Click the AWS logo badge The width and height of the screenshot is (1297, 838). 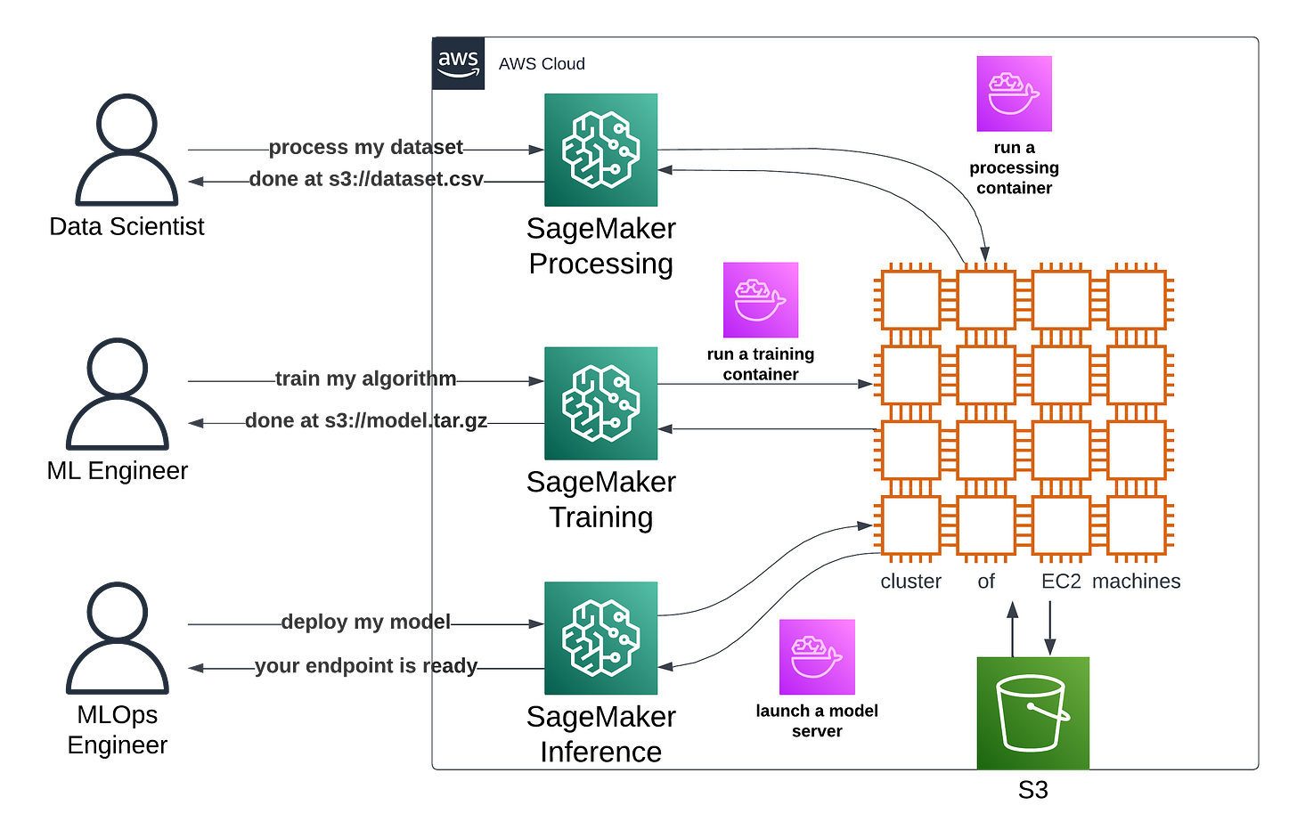tap(458, 63)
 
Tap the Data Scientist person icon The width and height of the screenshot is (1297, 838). tap(126, 150)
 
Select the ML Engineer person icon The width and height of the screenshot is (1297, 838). tap(118, 395)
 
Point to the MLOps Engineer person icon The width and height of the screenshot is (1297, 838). tap(118, 639)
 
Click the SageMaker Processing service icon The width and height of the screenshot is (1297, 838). tap(601, 150)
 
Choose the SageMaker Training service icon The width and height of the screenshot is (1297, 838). tap(601, 403)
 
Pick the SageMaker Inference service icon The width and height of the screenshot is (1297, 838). tap(601, 639)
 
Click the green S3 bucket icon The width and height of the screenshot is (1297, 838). tap(1033, 713)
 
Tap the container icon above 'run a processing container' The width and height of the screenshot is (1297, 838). tap(1015, 94)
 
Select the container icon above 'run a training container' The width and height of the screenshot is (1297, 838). tap(761, 300)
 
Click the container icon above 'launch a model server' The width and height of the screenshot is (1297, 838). tap(817, 657)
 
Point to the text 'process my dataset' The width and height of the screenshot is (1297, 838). tap(366, 147)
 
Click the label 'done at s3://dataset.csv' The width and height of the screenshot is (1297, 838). tap(366, 179)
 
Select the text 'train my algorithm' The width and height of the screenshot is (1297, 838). tap(366, 378)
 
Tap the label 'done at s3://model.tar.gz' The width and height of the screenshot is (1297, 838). tap(366, 420)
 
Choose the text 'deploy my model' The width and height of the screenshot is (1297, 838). tap(366, 622)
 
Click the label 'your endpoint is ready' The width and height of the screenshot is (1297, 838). tap(366, 665)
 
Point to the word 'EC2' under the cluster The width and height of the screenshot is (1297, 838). tap(1061, 581)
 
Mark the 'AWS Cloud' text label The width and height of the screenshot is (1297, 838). tap(542, 63)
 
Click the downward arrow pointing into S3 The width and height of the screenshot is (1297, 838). tap(1049, 629)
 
